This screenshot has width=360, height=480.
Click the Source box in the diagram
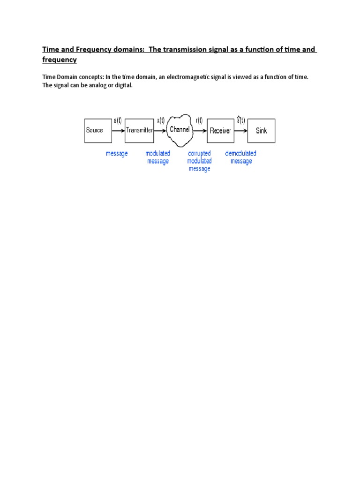click(x=98, y=130)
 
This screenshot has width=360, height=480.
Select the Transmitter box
click(x=139, y=130)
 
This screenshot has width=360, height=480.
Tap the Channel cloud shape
click(x=180, y=129)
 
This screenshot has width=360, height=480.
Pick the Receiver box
click(x=220, y=131)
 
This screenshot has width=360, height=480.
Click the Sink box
click(x=261, y=131)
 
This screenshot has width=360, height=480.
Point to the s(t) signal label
click(x=118, y=120)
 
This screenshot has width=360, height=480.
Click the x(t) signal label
click(x=161, y=120)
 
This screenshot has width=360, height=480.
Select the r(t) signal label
click(x=199, y=120)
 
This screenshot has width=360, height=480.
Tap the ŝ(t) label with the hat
click(x=240, y=120)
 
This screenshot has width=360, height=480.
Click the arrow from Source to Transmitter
click(x=119, y=130)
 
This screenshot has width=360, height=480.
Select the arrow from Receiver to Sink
click(x=240, y=131)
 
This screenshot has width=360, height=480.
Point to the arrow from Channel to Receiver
click(x=200, y=131)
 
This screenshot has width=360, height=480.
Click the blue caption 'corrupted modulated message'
click(x=199, y=161)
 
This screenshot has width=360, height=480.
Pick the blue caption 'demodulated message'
click(x=241, y=157)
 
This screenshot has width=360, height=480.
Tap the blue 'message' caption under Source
click(x=117, y=153)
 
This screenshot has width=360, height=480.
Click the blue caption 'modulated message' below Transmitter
click(x=158, y=157)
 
